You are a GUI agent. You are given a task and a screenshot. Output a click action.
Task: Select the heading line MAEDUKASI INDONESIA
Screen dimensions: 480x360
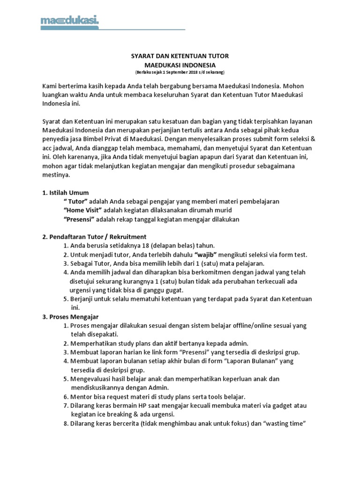(180, 65)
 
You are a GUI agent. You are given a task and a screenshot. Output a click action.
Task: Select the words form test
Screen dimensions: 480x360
(293, 255)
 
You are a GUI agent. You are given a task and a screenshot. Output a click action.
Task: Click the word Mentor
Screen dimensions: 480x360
(81, 397)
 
